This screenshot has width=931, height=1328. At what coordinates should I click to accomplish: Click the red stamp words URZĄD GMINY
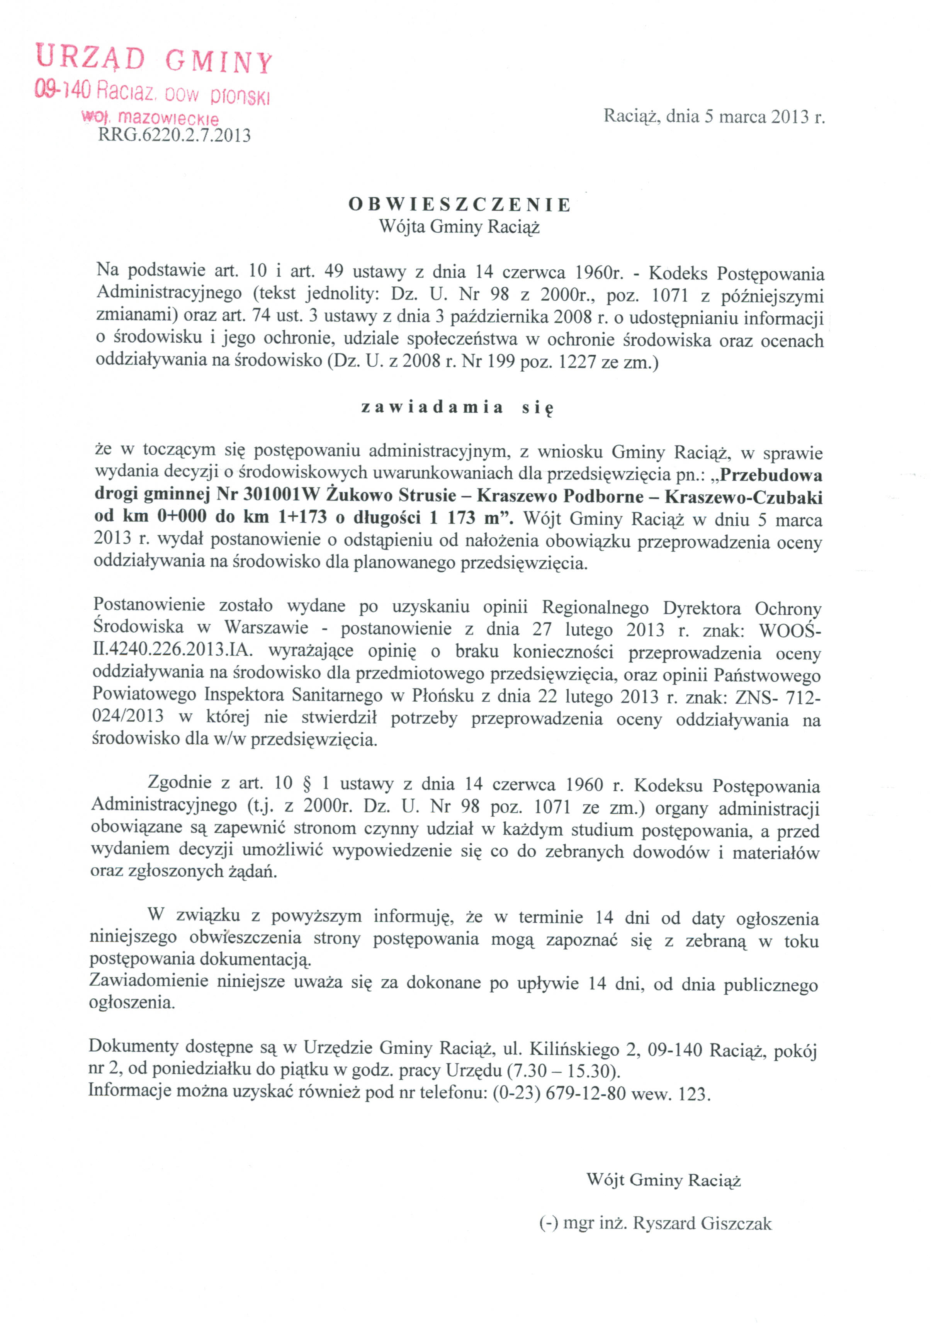pyautogui.click(x=153, y=60)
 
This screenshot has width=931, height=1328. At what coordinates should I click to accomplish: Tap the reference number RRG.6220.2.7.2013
pyautogui.click(x=175, y=135)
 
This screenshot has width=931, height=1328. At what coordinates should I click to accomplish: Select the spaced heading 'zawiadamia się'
pyautogui.click(x=457, y=407)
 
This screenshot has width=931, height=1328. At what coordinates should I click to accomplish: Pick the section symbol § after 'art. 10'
pyautogui.click(x=307, y=784)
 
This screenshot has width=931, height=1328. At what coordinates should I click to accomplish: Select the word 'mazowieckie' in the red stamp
pyautogui.click(x=168, y=119)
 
